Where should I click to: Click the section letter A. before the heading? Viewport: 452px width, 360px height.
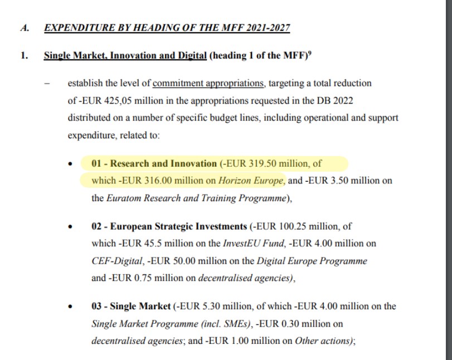(x=25, y=28)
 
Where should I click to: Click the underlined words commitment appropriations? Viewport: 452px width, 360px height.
(x=208, y=84)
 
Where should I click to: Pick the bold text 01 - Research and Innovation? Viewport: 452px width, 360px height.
(x=154, y=164)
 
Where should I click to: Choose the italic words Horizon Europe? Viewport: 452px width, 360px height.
(x=251, y=181)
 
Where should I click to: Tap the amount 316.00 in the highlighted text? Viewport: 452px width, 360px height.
(x=159, y=181)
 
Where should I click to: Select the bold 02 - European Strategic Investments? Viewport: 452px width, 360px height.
(x=169, y=227)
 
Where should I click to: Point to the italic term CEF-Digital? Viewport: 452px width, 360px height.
(x=114, y=261)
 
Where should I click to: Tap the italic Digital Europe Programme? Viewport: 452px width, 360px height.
(x=312, y=261)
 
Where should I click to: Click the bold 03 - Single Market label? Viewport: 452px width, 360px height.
(x=131, y=307)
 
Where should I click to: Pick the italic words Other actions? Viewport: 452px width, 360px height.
(x=324, y=341)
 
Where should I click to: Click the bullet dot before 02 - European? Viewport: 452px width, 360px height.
(x=70, y=227)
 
